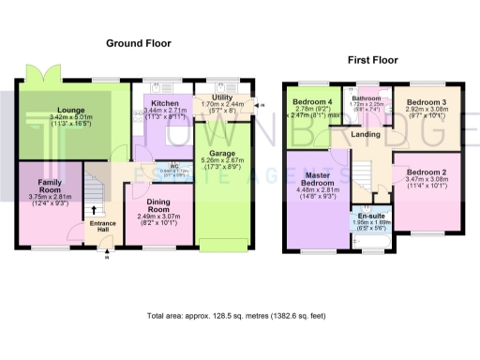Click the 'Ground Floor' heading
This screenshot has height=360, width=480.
[x=138, y=43]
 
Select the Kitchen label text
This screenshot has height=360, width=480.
[x=164, y=103]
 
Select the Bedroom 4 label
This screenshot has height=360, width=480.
[x=311, y=101]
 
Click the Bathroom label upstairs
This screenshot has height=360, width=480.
[x=367, y=97]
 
